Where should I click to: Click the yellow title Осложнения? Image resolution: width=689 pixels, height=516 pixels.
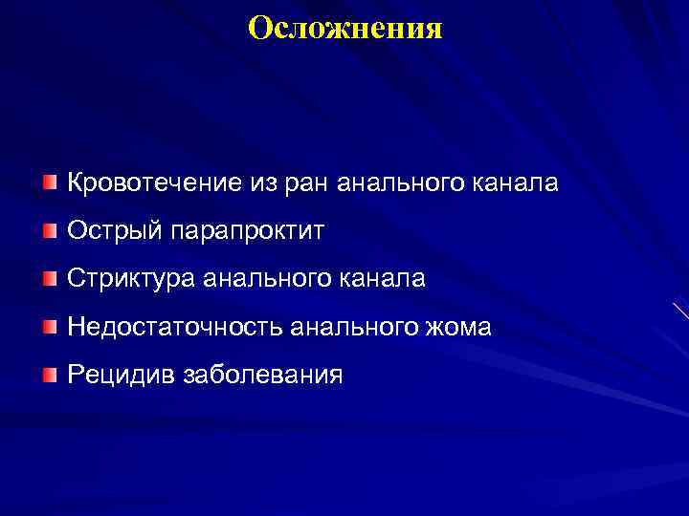344,27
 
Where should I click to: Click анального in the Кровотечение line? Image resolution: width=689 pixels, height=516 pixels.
402,183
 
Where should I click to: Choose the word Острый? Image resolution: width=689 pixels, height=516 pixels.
103,231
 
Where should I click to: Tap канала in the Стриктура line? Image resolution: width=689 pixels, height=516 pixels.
383,279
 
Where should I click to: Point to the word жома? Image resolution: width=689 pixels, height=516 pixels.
458,327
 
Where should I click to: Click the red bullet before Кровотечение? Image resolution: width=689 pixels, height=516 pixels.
50,182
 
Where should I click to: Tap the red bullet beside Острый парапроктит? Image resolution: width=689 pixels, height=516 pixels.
50,230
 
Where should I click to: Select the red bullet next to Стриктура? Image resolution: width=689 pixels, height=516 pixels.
50,278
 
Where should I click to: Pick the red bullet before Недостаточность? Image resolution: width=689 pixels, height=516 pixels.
50,326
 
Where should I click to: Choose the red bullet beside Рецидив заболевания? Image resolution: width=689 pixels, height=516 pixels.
50,374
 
